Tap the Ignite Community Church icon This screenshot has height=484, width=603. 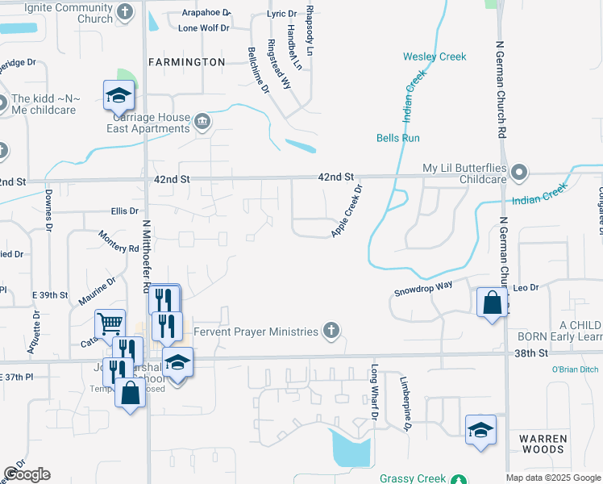point(124,11)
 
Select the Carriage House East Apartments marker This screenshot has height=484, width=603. point(202,123)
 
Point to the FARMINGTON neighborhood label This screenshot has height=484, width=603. point(186,61)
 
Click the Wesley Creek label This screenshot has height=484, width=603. point(435,56)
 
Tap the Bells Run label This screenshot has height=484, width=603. point(398,138)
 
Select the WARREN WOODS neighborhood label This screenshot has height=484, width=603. point(543,444)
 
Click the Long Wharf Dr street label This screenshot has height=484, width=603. point(374,391)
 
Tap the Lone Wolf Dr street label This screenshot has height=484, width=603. point(204,27)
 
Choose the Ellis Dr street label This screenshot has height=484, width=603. point(125,211)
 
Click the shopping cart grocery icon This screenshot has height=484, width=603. point(110,324)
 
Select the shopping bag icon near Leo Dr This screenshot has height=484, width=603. point(492,303)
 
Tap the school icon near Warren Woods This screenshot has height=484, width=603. point(480,430)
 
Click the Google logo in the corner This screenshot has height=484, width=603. point(27,474)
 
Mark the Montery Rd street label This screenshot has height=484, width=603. point(118,241)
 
